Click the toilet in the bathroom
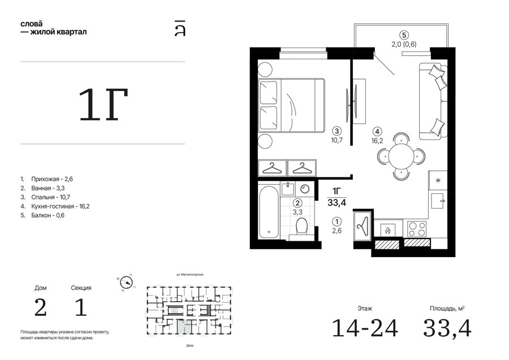point(301,227)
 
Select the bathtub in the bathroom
point(269,212)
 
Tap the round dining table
point(402,156)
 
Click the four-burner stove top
point(416,229)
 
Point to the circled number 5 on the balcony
point(404,35)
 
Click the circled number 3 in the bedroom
point(337,131)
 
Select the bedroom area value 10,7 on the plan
point(337,140)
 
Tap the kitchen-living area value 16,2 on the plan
point(377,141)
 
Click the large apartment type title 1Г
point(103,105)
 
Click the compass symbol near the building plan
point(126,283)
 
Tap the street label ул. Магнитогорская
point(190,275)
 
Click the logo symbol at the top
point(180,28)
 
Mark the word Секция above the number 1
point(81,288)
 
